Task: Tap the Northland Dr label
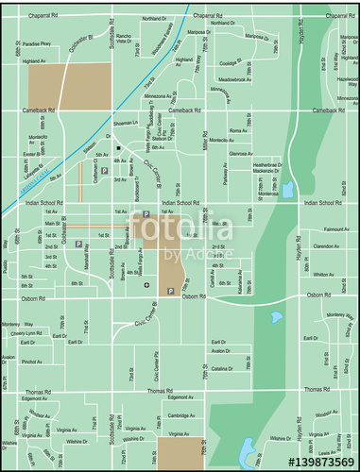[154, 18]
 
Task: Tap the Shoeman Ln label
[126, 123]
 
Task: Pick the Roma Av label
[237, 130]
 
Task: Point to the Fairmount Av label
[337, 229]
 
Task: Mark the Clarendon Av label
[326, 247]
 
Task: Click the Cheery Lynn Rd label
[27, 333]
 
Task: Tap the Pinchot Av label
[31, 362]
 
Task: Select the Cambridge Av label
[180, 415]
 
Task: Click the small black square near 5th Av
[118, 148]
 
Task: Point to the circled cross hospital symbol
[146, 284]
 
